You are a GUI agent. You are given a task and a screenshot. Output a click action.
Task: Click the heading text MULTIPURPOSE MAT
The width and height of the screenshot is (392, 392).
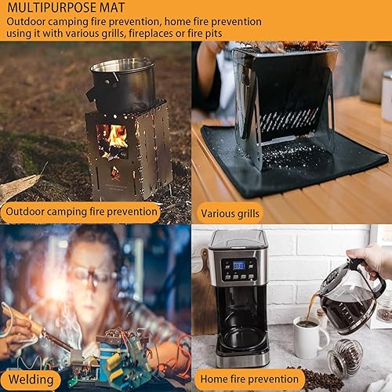pos(66,7)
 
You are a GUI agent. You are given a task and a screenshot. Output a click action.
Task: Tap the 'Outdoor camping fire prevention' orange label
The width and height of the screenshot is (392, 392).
pos(81,212)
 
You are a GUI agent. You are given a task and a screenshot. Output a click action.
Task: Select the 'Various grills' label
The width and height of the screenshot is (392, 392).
pos(230,213)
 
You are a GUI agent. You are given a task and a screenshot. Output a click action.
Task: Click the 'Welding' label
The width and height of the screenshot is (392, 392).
pos(31,379)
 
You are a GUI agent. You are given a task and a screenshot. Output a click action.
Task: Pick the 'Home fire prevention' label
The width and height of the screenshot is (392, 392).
pos(249,379)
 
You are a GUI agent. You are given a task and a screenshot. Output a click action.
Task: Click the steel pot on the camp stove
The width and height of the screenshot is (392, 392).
pos(122,84)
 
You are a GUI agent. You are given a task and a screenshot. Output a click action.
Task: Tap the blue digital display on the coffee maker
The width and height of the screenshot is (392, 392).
pos(239,266)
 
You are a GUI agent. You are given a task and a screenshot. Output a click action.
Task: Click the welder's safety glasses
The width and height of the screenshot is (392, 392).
pos(91,275)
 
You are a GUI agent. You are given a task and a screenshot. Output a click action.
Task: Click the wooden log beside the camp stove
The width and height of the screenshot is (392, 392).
pos(19,187)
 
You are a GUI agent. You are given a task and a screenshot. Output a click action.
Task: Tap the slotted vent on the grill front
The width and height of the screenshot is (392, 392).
pos(289,119)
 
